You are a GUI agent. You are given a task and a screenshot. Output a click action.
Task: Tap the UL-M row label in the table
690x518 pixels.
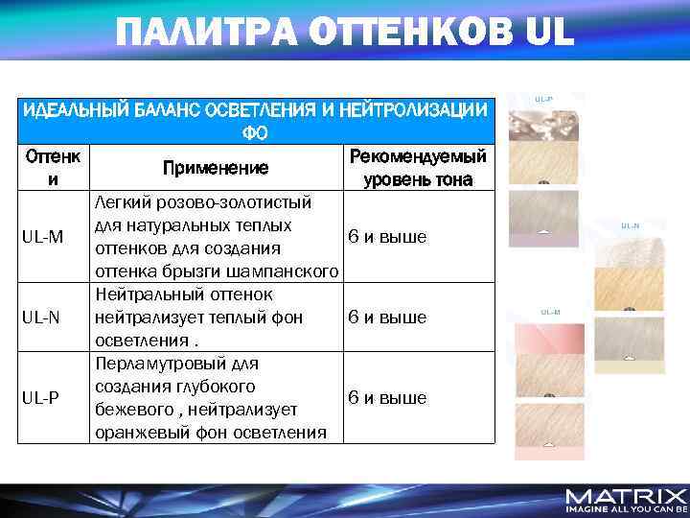(x=45, y=237)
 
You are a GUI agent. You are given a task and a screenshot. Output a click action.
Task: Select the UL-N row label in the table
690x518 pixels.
(x=45, y=318)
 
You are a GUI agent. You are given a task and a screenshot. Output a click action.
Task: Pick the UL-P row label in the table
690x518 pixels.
(x=45, y=398)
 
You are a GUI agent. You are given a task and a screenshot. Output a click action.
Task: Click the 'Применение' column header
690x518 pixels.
(x=216, y=168)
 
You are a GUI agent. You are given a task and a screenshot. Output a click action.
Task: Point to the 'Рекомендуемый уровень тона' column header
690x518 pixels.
(x=418, y=168)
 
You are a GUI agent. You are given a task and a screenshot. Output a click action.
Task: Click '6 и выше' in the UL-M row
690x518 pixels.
(x=387, y=237)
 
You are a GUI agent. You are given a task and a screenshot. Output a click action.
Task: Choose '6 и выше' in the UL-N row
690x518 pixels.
(x=387, y=318)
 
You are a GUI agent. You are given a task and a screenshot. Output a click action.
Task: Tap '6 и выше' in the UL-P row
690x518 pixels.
(x=387, y=398)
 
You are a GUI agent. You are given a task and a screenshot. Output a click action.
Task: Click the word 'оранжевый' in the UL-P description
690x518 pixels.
(x=135, y=433)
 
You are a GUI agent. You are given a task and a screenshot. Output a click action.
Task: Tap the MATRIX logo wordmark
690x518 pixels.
(x=626, y=497)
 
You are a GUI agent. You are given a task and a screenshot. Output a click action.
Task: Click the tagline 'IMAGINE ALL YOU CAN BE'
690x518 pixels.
(x=626, y=509)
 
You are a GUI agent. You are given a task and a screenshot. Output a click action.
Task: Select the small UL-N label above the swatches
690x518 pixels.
(x=630, y=226)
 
